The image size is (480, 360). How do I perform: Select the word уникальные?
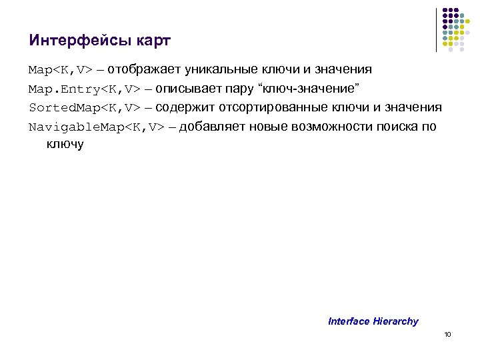220,69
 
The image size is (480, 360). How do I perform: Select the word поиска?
399,127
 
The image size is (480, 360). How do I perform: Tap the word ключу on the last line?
65,144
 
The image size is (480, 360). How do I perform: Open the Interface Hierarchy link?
373,321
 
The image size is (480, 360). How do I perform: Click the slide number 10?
447,335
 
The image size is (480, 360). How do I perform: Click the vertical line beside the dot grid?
437,29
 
